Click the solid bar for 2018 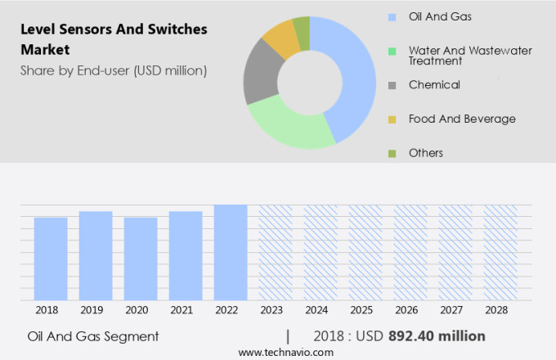click(x=51, y=259)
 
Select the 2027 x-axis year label click(x=455, y=311)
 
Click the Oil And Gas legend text click(x=439, y=16)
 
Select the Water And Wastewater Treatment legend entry click(x=470, y=56)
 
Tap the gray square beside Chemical click(x=392, y=85)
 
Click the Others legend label click(x=426, y=153)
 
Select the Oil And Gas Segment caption click(x=92, y=336)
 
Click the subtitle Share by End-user click(x=114, y=70)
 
